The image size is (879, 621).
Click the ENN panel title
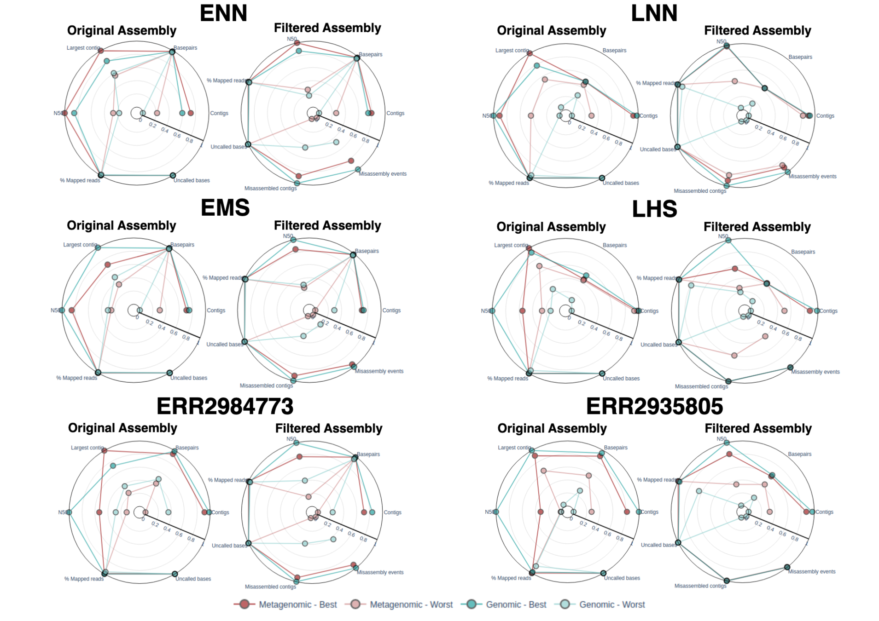223,13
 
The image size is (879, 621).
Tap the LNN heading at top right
654,13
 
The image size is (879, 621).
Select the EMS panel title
225,207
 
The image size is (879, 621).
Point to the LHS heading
654,209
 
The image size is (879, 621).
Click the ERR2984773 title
225,406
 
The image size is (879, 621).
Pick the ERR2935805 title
654,406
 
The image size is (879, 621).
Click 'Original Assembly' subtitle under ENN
122,31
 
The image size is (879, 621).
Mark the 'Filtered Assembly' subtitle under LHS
757,227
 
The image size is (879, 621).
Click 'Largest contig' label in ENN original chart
83,48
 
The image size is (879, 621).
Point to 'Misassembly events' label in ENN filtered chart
383,174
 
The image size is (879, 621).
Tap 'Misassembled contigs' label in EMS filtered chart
266,385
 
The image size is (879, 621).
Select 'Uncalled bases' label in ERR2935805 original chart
622,578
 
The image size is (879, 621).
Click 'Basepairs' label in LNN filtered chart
800,57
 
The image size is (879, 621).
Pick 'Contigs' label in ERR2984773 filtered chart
392,512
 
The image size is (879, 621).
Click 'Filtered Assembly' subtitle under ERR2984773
329,428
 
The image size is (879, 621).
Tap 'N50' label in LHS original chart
485,311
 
